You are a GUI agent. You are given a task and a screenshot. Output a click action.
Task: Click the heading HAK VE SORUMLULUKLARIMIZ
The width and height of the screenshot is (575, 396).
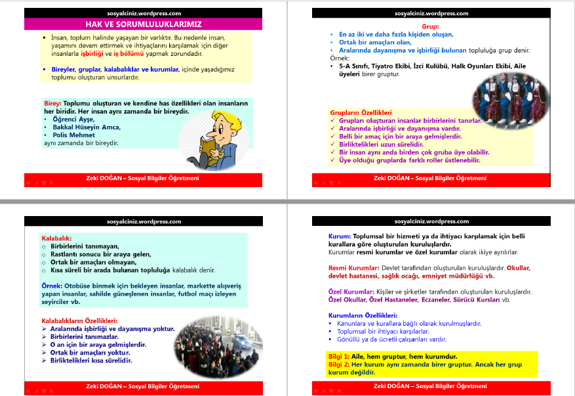144,23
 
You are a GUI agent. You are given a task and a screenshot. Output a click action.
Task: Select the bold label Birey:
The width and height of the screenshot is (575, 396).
52,104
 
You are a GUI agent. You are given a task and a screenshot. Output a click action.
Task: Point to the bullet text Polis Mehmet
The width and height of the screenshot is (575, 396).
73,135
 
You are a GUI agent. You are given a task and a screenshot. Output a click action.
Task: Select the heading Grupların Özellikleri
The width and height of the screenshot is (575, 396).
361,113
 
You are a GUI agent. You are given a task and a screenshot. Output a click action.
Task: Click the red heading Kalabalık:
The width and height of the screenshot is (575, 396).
56,238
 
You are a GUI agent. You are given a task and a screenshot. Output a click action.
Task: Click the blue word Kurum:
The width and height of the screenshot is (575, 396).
340,236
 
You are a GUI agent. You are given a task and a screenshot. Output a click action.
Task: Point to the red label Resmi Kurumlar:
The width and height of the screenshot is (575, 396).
353,268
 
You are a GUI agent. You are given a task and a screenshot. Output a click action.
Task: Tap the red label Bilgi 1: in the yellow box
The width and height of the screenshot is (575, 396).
339,356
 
